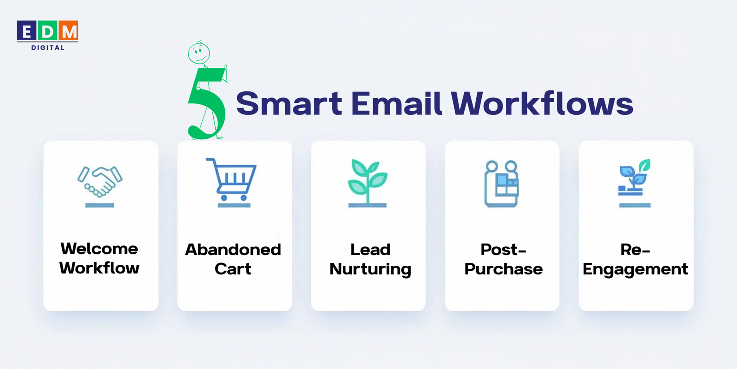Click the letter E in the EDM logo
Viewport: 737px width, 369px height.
pyautogui.click(x=27, y=31)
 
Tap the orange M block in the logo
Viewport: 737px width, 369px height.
pyautogui.click(x=69, y=31)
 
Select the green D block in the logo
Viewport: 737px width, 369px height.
pyautogui.click(x=48, y=31)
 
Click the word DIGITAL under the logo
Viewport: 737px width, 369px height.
pyautogui.click(x=48, y=48)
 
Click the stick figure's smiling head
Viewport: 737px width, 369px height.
pyautogui.click(x=199, y=53)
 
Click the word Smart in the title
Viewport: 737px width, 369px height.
pyautogui.click(x=289, y=103)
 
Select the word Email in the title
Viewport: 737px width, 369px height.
pyautogui.click(x=397, y=103)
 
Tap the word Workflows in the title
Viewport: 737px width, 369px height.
pyautogui.click(x=542, y=103)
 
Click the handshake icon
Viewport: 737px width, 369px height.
pyautogui.click(x=100, y=181)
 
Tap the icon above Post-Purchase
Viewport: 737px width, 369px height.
pyautogui.click(x=501, y=183)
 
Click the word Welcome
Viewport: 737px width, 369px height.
pyautogui.click(x=99, y=249)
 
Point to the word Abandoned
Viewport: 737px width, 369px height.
pyautogui.click(x=233, y=250)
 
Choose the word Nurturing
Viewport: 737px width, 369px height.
pyautogui.click(x=370, y=269)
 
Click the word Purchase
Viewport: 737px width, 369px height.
pyautogui.click(x=503, y=269)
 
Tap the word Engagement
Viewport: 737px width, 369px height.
pyautogui.click(x=635, y=269)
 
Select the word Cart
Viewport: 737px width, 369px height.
pyautogui.click(x=233, y=269)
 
